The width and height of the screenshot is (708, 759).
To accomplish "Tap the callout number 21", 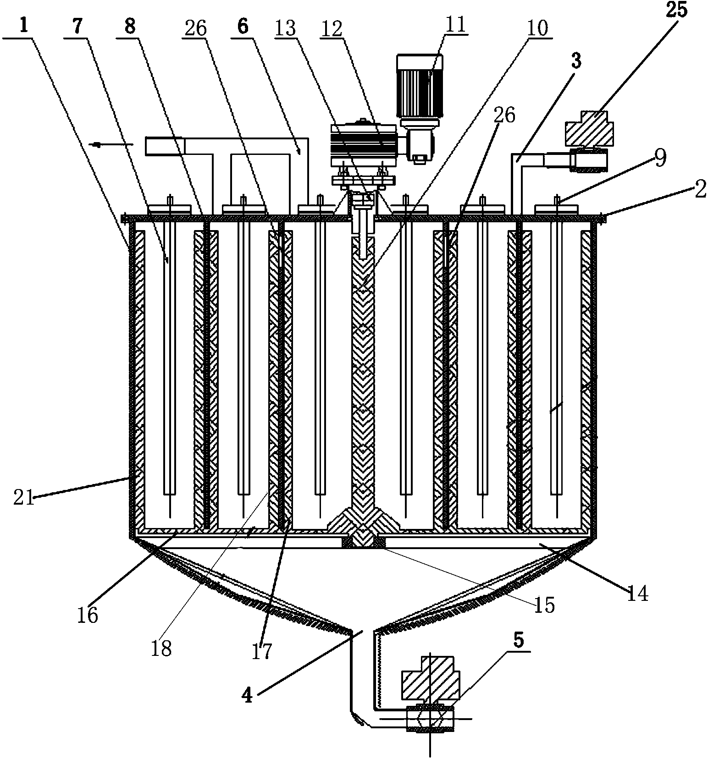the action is pyautogui.click(x=24, y=498).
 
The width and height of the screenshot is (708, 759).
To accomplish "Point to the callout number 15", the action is pyautogui.click(x=545, y=605).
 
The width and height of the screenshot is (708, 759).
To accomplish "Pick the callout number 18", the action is pyautogui.click(x=161, y=648).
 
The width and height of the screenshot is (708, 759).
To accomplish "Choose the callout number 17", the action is pyautogui.click(x=262, y=651).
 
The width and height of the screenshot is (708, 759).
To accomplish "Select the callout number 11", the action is pyautogui.click(x=455, y=23).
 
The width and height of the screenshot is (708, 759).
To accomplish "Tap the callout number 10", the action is pyautogui.click(x=538, y=28).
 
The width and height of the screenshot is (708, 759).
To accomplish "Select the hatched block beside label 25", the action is pyautogui.click(x=590, y=129).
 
